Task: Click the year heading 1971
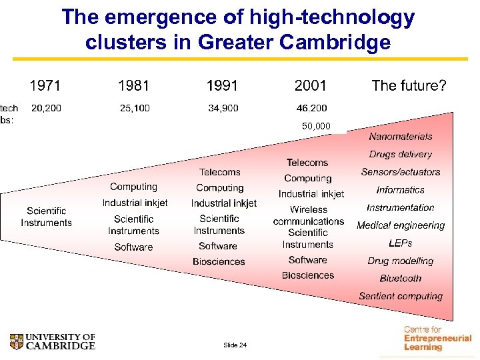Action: click(45, 85)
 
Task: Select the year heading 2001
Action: click(311, 85)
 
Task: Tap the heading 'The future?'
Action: click(409, 85)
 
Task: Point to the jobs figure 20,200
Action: click(46, 108)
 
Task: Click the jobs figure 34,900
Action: click(223, 108)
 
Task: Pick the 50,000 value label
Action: click(316, 126)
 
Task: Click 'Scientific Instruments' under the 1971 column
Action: click(46, 217)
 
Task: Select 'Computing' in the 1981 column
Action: click(133, 187)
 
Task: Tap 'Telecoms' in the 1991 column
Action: click(219, 172)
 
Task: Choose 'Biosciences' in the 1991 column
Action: click(219, 262)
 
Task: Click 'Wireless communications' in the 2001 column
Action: click(308, 215)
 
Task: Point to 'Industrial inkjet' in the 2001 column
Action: click(311, 194)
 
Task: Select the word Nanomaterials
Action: click(400, 137)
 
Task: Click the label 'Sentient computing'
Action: click(400, 296)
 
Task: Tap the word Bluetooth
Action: click(400, 279)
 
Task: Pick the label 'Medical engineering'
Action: click(400, 225)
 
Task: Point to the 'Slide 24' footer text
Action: click(235, 345)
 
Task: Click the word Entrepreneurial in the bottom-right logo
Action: click(437, 339)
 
